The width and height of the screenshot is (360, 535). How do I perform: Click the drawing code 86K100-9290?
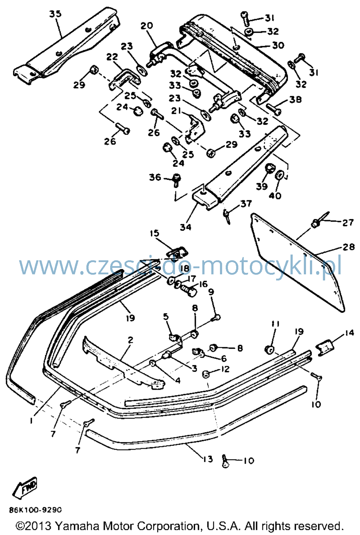(36, 510)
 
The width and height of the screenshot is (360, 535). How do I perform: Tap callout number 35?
(55, 14)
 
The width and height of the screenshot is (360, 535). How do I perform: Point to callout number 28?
(348, 247)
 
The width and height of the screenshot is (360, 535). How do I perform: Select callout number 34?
(186, 227)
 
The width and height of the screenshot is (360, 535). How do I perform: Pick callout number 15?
(154, 233)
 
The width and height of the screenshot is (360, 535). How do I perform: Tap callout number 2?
(130, 340)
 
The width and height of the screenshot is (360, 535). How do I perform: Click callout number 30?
(278, 45)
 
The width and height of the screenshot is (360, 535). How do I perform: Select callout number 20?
(147, 26)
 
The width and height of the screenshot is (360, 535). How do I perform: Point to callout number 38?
(296, 99)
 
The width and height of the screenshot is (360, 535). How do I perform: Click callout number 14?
(349, 333)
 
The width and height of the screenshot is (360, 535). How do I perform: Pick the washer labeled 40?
(279, 175)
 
